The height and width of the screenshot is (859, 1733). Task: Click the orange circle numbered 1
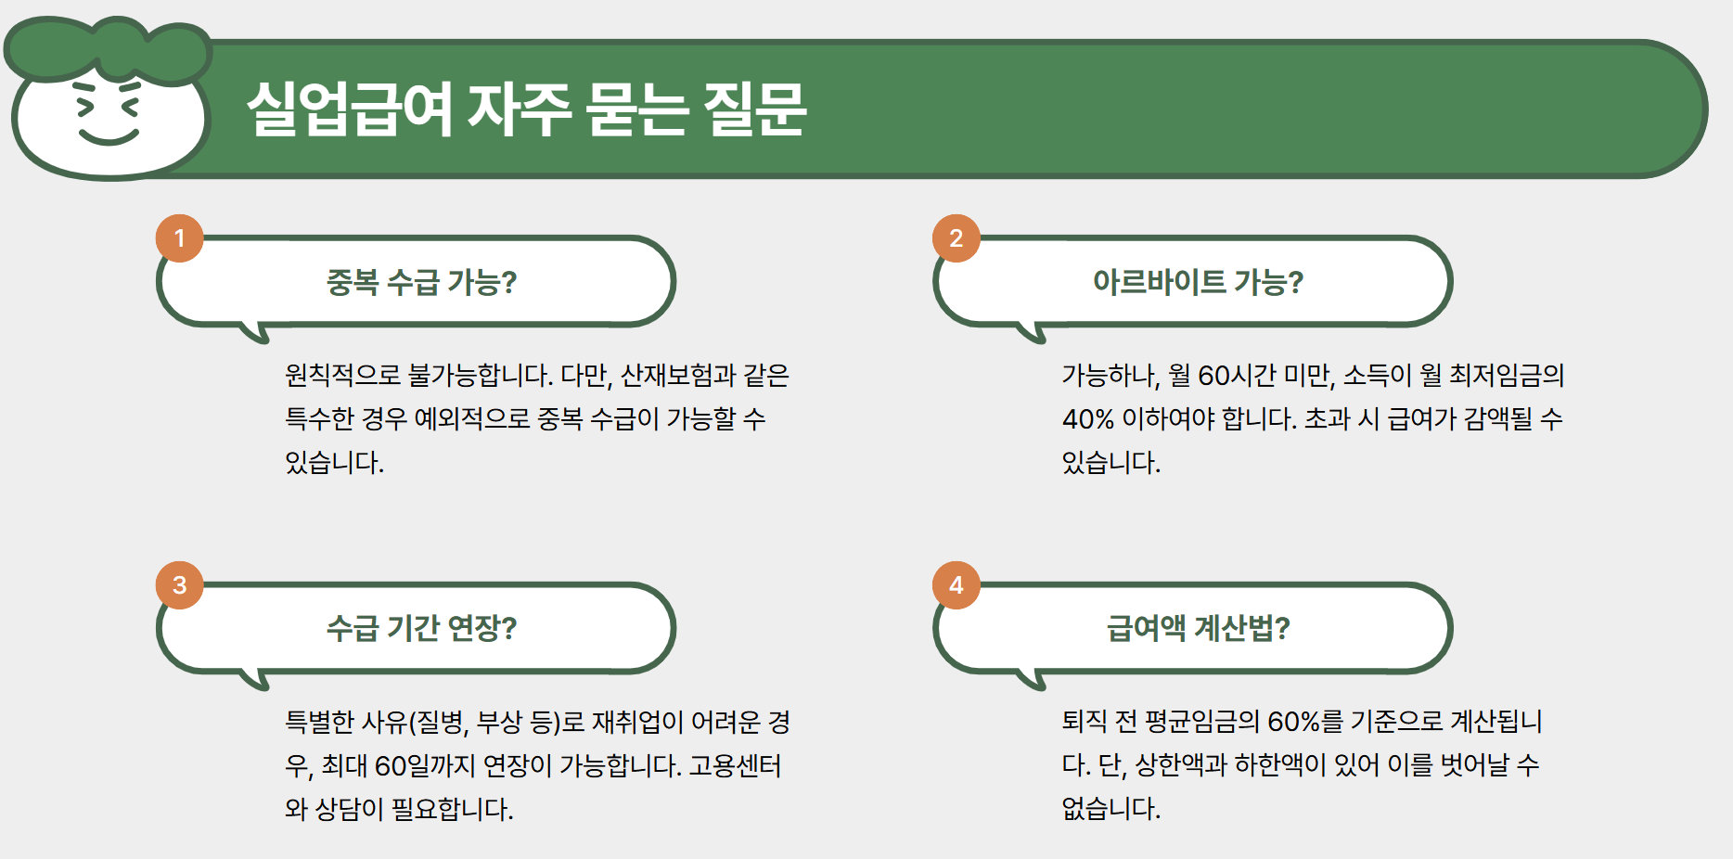point(180,238)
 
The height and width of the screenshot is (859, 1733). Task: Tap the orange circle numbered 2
point(956,238)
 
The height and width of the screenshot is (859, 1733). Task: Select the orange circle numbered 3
point(180,585)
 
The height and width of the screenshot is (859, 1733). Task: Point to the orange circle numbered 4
point(956,585)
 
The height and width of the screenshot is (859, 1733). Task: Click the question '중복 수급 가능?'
point(421,282)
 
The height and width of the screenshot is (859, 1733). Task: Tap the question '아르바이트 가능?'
point(1198,282)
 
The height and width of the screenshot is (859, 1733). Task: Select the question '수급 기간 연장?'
point(421,629)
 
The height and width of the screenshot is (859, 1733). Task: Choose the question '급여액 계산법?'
point(1198,629)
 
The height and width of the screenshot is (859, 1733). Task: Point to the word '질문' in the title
point(754,109)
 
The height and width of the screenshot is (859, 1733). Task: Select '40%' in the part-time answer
point(1087,419)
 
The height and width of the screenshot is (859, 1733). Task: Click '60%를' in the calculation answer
point(1304,722)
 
